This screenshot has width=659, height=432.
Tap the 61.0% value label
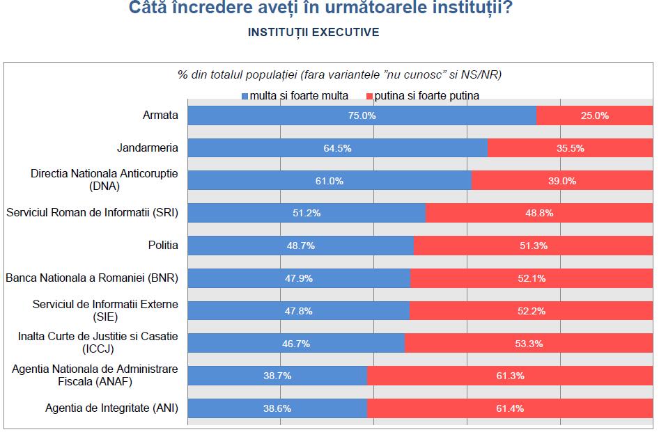(329, 181)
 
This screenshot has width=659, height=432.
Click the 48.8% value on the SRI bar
(539, 213)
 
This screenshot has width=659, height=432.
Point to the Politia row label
(162, 245)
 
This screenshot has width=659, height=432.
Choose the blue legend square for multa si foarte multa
(245, 96)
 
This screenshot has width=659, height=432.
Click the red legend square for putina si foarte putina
(369, 96)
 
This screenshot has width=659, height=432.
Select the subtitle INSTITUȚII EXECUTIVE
(313, 33)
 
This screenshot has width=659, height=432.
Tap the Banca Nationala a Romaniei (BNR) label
(92, 278)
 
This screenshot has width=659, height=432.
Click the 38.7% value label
(277, 376)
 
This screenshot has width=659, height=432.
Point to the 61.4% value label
(510, 408)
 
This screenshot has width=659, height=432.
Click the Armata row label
(161, 115)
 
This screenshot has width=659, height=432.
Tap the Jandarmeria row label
(147, 148)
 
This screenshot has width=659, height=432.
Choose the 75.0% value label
(362, 115)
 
